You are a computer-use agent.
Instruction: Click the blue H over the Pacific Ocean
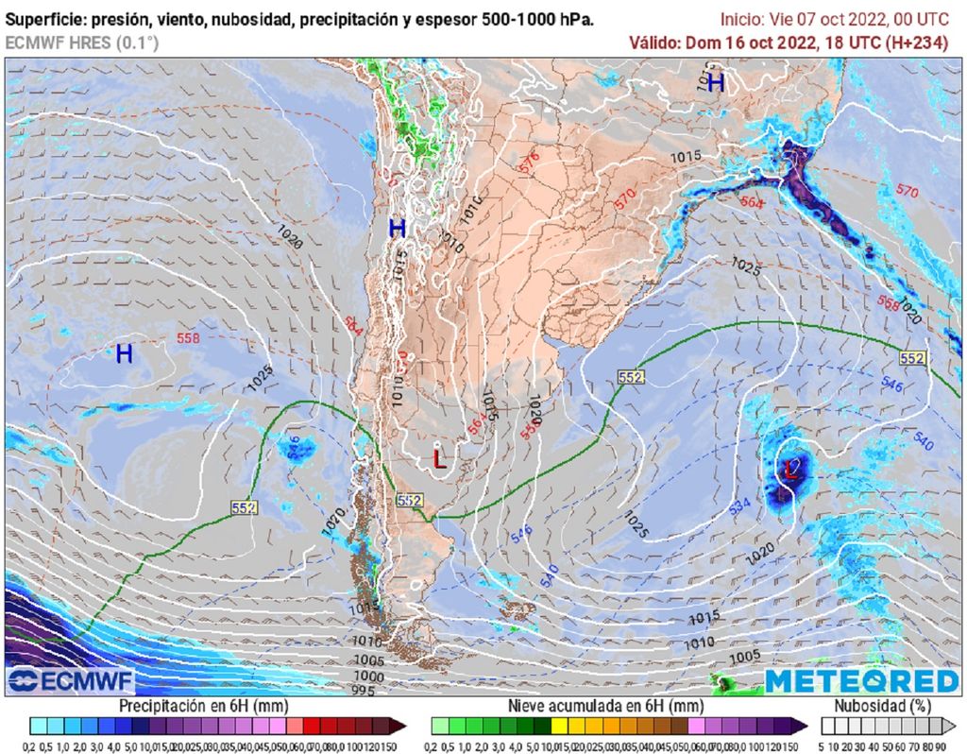pyautogui.click(x=124, y=354)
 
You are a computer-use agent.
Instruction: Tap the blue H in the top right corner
pyautogui.click(x=716, y=83)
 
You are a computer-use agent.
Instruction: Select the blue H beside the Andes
pyautogui.click(x=398, y=228)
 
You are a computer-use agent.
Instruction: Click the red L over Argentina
pyautogui.click(x=439, y=459)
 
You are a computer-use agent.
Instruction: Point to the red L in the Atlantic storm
pyautogui.click(x=791, y=469)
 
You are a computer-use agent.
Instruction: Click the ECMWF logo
pyautogui.click(x=71, y=680)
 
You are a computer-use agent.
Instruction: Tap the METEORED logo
pyautogui.click(x=861, y=680)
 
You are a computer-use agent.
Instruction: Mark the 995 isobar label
pyautogui.click(x=364, y=692)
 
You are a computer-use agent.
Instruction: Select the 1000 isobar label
pyautogui.click(x=368, y=677)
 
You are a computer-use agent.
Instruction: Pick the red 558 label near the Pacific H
pyautogui.click(x=188, y=337)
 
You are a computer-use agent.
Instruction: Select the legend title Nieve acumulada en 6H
pyautogui.click(x=605, y=706)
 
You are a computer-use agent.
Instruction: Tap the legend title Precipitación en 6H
pyautogui.click(x=203, y=706)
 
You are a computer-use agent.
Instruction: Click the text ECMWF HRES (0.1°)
pyautogui.click(x=82, y=43)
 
